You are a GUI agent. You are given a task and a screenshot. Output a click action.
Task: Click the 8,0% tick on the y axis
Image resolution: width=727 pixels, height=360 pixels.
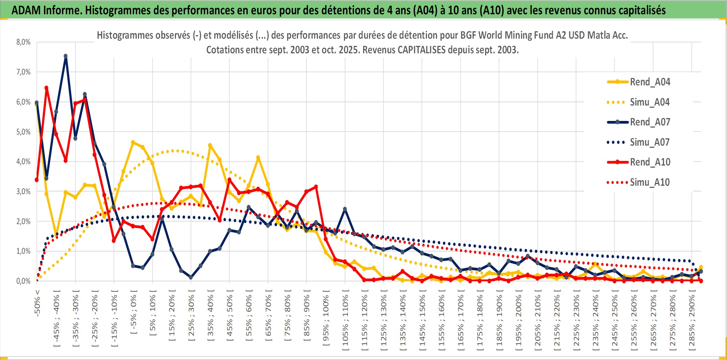point(23,42)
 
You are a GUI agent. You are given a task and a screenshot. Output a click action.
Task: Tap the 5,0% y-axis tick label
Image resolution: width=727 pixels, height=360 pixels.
point(23,132)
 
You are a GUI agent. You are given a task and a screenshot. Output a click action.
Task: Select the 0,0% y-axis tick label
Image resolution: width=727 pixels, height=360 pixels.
point(23,281)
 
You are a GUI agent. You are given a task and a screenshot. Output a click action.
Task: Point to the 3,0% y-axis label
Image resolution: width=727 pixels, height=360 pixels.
point(23,191)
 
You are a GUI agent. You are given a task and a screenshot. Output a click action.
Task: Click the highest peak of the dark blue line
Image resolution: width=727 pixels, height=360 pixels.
point(66,56)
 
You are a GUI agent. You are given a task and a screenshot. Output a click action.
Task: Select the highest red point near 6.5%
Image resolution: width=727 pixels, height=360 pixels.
point(46,88)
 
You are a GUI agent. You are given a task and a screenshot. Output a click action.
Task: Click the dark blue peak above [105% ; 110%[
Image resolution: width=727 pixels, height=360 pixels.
point(345,209)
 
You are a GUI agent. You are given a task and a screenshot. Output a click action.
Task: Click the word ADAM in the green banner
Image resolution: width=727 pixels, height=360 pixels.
point(26,10)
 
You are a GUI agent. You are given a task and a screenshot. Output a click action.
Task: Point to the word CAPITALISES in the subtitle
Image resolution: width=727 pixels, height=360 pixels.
point(421,50)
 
